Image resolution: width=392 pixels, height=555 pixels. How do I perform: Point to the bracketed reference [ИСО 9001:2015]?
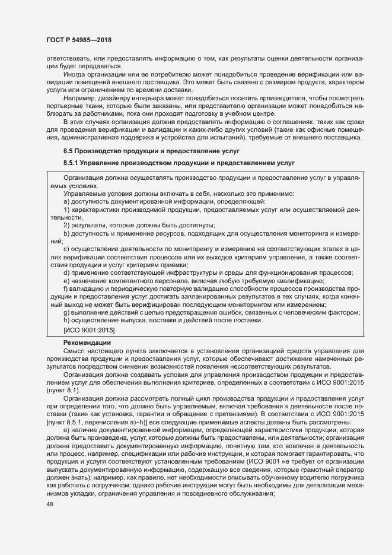coord(89,329)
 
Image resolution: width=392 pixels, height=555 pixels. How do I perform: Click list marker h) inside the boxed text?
coord(67,321)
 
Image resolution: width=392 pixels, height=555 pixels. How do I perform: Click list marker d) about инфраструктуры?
coord(67,272)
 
